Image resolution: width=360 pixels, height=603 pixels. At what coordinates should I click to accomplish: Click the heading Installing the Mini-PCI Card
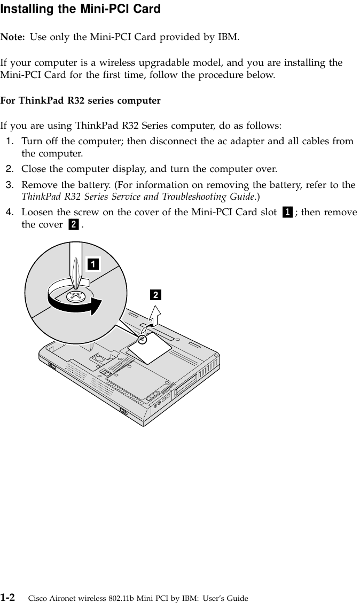point(80,9)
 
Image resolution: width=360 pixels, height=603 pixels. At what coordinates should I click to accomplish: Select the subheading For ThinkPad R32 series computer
point(80,100)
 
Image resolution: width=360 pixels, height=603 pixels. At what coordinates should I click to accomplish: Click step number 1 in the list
point(10,141)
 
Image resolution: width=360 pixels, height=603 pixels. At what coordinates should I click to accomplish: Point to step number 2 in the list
point(10,170)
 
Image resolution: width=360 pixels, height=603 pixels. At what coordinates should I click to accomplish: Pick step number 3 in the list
point(10,185)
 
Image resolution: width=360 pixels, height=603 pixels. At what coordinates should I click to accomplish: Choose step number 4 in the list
point(10,212)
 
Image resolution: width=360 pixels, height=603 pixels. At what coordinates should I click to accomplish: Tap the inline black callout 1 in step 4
point(287,213)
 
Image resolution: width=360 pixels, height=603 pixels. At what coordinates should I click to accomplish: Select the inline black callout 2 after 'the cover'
point(73,225)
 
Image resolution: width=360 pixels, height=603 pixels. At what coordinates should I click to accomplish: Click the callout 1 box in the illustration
point(93,264)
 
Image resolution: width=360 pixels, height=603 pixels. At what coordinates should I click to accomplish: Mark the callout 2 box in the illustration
point(155,295)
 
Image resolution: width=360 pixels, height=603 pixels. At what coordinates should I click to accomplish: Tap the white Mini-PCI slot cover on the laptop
point(150,350)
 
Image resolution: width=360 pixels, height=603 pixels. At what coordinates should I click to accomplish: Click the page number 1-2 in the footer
point(7,595)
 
